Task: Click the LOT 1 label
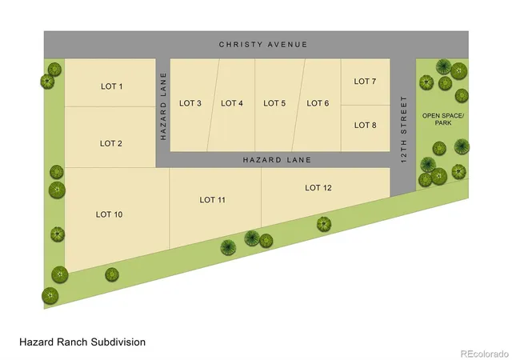(112, 86)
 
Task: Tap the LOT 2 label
(111, 143)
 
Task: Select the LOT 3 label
(190, 103)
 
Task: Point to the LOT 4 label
(232, 103)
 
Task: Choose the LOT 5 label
(274, 103)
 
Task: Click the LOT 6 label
(318, 103)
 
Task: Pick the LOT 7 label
(365, 81)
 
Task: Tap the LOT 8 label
(366, 125)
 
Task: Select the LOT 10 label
(110, 214)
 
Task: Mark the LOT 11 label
(213, 200)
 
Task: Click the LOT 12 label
(318, 187)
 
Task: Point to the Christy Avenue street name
(263, 45)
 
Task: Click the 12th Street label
(404, 130)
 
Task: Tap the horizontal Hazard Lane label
(277, 160)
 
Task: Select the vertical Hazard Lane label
(163, 106)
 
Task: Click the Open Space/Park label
(443, 119)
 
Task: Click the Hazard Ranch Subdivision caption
(82, 342)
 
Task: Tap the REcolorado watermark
(485, 354)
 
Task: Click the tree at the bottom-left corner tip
(50, 296)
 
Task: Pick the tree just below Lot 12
(324, 225)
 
